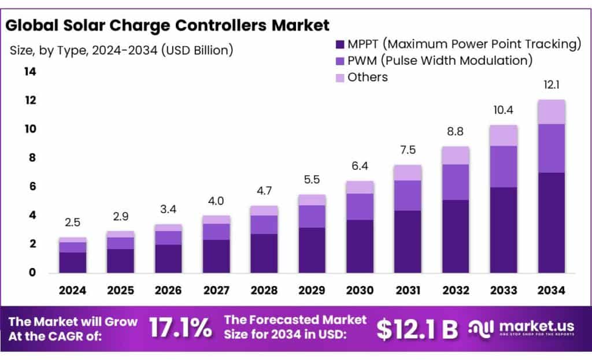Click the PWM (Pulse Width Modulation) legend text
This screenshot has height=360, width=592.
click(x=440, y=60)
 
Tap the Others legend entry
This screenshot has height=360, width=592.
click(x=367, y=77)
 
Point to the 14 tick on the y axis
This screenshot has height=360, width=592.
click(x=29, y=72)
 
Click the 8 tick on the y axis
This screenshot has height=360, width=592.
click(x=32, y=158)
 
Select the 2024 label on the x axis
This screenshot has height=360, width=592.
click(x=72, y=290)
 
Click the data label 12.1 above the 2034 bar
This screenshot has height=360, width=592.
click(x=550, y=85)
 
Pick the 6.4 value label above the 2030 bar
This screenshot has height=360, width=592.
click(x=359, y=166)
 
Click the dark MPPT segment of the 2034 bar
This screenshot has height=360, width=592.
click(x=551, y=222)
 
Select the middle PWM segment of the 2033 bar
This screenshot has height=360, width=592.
click(x=503, y=166)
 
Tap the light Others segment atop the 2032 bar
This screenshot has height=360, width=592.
click(x=455, y=155)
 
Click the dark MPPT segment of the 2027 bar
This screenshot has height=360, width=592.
click(x=216, y=256)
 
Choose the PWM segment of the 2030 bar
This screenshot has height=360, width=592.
click(x=359, y=206)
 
